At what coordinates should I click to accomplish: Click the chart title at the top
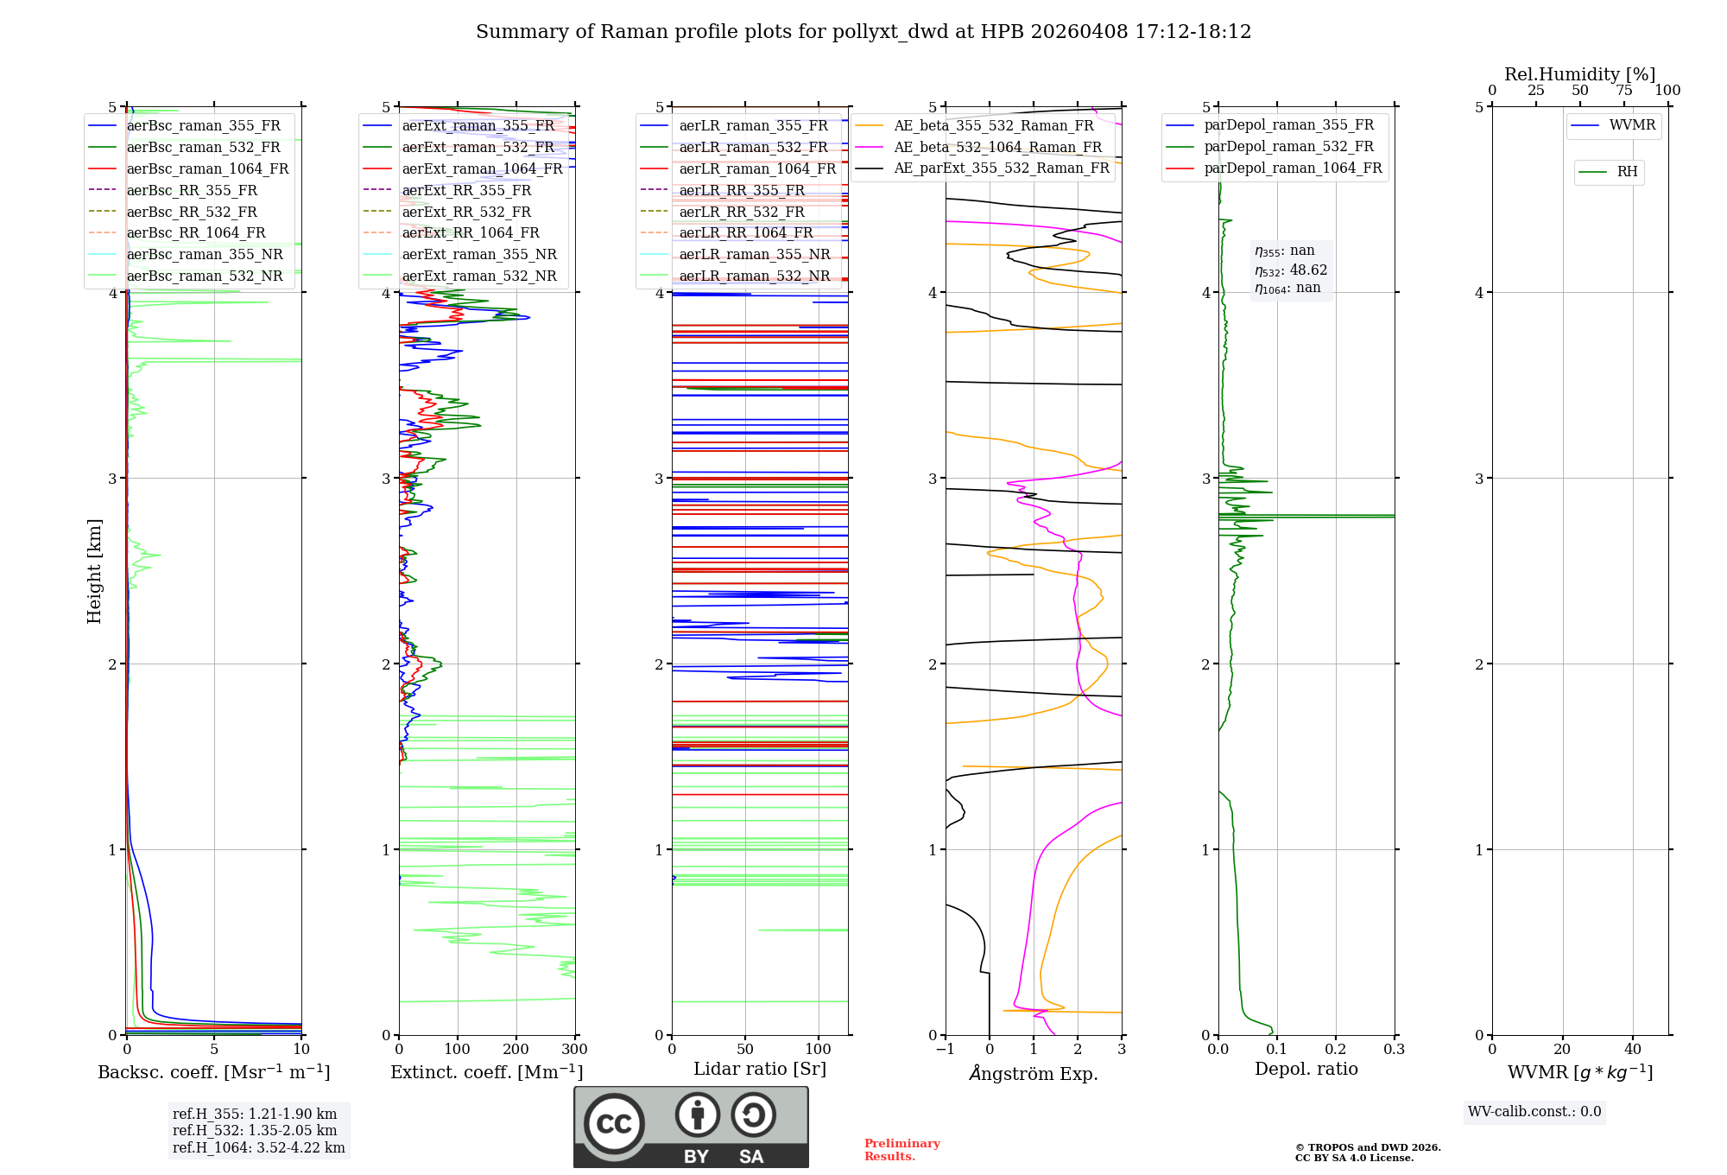coord(863,32)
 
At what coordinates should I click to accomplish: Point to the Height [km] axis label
coord(94,571)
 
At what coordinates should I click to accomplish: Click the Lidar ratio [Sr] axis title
coord(760,1069)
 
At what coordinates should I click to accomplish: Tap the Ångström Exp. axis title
coord(1034,1073)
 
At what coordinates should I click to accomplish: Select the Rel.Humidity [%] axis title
coord(1580,74)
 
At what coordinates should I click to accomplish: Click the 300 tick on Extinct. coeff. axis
coord(575,1050)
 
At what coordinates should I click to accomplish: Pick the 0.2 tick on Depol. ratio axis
coord(1336,1050)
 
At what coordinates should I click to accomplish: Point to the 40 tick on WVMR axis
coord(1633,1050)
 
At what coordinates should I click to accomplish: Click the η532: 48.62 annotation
coord(1291,270)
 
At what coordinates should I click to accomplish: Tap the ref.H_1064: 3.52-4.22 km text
coord(258,1147)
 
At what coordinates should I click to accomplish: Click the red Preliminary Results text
coord(901,1150)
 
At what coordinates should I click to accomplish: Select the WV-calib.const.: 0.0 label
coord(1534,1112)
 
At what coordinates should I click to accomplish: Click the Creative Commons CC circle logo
coord(614,1124)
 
